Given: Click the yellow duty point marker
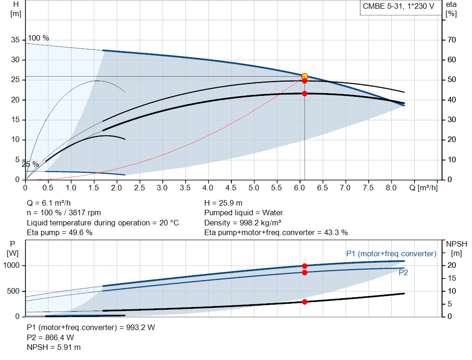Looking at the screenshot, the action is (304, 77).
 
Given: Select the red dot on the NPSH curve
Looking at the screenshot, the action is (305, 302).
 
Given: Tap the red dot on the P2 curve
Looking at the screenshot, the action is (305, 273).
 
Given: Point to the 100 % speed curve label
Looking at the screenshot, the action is (39, 38).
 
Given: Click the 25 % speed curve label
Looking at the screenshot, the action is (30, 165).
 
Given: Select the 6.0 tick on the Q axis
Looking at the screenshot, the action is (299, 188).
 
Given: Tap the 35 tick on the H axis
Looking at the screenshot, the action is (15, 40).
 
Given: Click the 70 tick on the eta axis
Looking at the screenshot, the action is (452, 40).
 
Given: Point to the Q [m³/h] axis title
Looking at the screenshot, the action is (424, 188).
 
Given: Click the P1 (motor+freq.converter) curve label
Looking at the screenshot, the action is (391, 254).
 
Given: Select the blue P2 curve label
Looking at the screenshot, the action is (403, 273).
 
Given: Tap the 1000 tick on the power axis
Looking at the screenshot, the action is (12, 266).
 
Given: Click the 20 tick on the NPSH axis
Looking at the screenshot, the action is (452, 266).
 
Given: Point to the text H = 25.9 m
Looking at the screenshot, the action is (224, 203).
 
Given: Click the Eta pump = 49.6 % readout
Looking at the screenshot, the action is (59, 233).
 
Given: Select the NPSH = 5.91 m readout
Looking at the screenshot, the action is (54, 348).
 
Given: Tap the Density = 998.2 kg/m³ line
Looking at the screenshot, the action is (242, 223).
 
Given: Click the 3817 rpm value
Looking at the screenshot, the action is (85, 213).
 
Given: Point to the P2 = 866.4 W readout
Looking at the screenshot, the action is (50, 337).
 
